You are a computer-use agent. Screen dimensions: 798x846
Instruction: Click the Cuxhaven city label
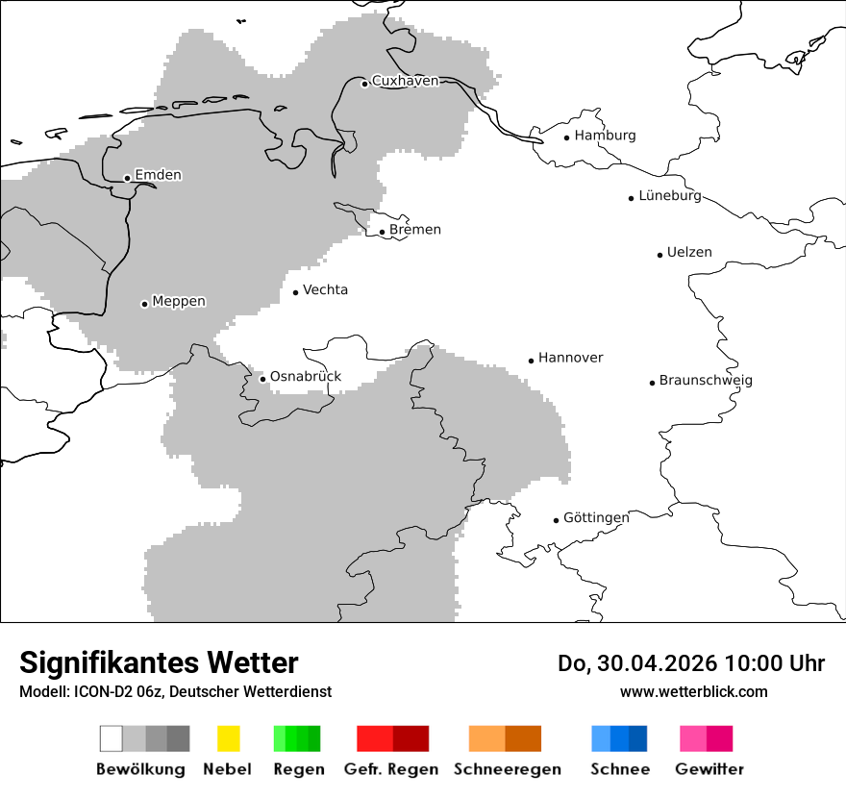[405, 81]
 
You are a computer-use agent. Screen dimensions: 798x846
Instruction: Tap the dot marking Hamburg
[567, 137]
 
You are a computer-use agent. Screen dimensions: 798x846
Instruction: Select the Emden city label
[158, 175]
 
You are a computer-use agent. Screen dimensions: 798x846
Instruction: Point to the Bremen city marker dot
[382, 232]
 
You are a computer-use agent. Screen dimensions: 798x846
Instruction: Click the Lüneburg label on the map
[670, 195]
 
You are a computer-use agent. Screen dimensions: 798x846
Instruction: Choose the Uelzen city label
[689, 252]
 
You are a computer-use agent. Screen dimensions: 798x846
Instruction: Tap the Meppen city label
[179, 301]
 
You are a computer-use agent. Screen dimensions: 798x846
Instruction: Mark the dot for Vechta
[296, 292]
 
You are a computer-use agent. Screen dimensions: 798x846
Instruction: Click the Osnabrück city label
[306, 376]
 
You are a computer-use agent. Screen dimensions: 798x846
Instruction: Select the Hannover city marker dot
[531, 361]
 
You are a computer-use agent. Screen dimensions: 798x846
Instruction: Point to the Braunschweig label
[706, 380]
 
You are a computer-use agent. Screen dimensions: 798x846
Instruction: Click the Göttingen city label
[596, 517]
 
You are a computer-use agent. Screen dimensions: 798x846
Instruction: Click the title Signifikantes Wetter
[159, 662]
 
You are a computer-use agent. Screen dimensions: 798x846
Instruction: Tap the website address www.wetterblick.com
[693, 691]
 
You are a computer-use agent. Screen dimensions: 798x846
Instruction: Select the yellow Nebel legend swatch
[228, 738]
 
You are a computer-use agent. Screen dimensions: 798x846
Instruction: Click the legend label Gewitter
[709, 769]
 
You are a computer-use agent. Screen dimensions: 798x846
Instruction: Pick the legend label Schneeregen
[508, 769]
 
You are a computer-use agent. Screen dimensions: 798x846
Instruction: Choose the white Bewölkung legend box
[112, 738]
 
